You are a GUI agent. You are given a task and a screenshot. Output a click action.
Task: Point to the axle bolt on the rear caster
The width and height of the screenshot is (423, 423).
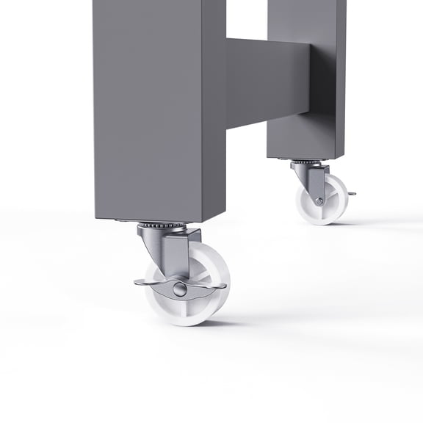pos(319,200)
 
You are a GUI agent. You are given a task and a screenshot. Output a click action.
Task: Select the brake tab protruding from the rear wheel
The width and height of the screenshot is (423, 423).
pos(351,194)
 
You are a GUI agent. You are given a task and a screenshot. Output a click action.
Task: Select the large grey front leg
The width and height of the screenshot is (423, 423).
pos(147,110)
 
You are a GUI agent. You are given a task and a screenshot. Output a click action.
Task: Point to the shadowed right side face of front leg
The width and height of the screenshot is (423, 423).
pos(214,110)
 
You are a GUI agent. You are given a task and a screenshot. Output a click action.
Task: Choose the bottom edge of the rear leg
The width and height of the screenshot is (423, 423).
pos(303,156)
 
